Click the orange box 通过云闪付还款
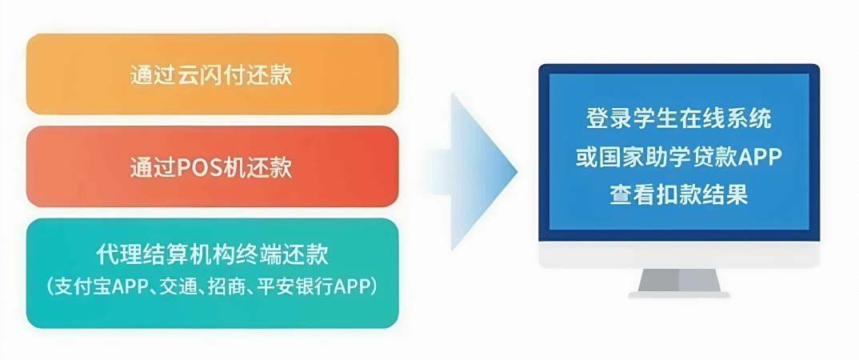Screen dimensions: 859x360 click(x=212, y=74)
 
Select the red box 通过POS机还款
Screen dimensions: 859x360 click(x=212, y=166)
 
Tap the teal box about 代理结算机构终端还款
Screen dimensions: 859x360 click(x=212, y=273)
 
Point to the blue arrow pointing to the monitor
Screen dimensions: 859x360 click(x=471, y=172)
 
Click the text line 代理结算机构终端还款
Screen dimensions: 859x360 click(x=212, y=254)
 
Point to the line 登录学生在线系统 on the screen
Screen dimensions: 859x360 click(x=679, y=119)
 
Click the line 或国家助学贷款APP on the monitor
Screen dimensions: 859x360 click(x=679, y=158)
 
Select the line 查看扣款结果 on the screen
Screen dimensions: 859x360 click(x=679, y=195)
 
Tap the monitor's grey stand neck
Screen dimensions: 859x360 click(x=679, y=280)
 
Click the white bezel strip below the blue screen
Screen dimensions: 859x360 click(x=679, y=254)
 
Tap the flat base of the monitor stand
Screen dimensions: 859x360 click(x=679, y=294)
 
